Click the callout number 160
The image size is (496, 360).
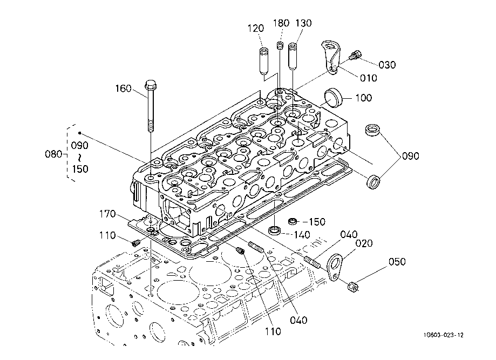click(x=124, y=89)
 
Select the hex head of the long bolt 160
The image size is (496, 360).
click(x=150, y=85)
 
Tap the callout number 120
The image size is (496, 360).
click(x=256, y=29)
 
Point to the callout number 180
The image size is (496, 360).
click(x=281, y=23)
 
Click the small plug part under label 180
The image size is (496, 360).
click(x=280, y=45)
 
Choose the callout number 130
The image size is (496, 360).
click(x=304, y=23)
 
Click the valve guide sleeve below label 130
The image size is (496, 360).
click(x=293, y=56)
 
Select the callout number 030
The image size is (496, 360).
click(x=387, y=65)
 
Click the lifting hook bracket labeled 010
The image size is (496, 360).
click(x=331, y=57)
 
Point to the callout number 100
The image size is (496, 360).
click(x=364, y=98)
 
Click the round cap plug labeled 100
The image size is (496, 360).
click(x=333, y=98)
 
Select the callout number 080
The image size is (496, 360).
click(x=53, y=154)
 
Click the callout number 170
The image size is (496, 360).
click(x=107, y=214)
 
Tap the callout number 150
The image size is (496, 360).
click(x=317, y=222)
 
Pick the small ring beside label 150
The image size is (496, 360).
click(x=293, y=221)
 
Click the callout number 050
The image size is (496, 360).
click(x=397, y=262)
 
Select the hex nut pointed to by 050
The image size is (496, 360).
click(x=352, y=287)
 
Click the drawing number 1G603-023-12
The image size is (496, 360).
click(x=444, y=335)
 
